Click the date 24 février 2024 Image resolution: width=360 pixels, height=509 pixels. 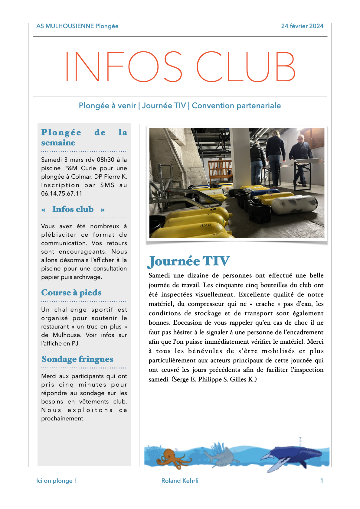coord(302,26)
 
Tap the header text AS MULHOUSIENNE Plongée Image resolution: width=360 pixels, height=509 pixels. coord(77,26)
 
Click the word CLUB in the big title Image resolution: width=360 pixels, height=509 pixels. coord(246,67)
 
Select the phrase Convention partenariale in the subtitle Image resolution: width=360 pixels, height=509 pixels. coord(236,105)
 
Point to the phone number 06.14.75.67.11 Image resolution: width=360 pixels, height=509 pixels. coord(61,193)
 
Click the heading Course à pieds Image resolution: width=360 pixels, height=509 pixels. coord(71,293)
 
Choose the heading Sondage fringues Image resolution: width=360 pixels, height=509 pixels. coord(77,359)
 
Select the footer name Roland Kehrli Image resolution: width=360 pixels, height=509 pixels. coord(180,481)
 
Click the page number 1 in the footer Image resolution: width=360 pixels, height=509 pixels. coord(322,481)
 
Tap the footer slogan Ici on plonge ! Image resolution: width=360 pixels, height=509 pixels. coord(56,481)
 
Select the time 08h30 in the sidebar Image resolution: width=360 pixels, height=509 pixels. coord(106,160)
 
